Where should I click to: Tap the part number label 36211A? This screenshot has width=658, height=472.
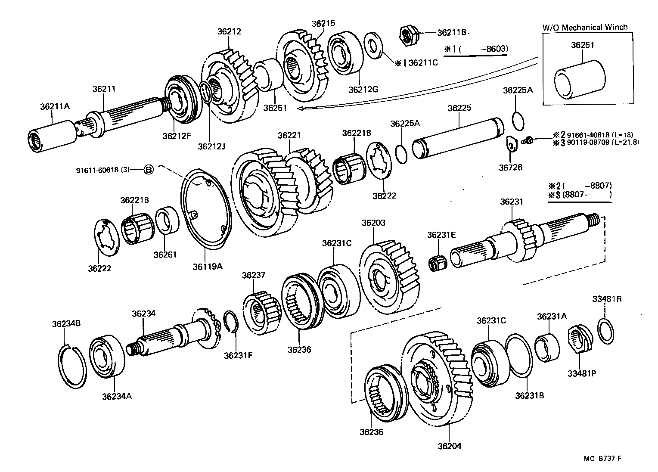(x=55, y=106)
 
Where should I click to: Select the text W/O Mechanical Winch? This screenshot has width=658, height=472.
(x=584, y=27)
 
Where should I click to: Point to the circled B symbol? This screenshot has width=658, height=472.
(x=148, y=170)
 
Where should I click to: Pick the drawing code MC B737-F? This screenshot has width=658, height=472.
(x=602, y=459)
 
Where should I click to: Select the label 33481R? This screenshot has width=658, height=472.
(x=607, y=299)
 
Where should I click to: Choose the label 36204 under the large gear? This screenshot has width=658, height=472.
(x=450, y=446)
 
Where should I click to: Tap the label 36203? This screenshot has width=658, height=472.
(x=373, y=223)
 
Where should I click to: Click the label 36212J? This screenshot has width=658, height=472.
(x=211, y=146)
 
